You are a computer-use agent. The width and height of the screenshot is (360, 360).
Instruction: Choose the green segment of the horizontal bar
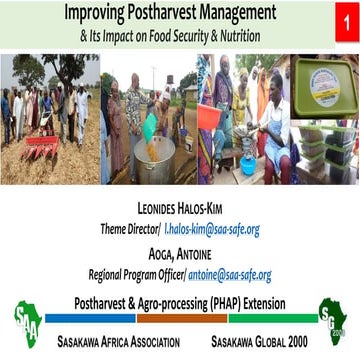click(x=270, y=318)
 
